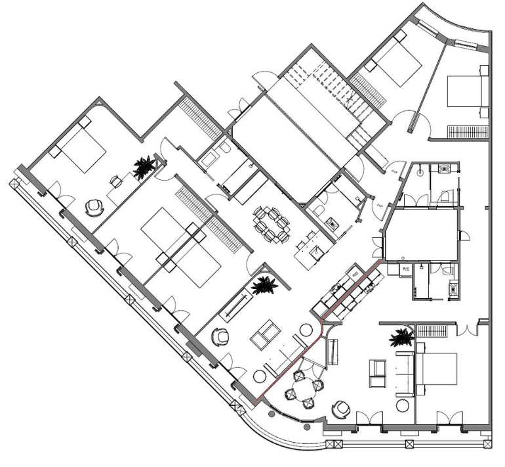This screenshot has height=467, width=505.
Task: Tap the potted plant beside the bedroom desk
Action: (142, 168)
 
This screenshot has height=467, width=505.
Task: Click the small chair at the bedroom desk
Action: (115, 181)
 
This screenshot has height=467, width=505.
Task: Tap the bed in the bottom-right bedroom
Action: (436, 370)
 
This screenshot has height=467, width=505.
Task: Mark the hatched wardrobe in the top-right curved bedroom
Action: (468, 131)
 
